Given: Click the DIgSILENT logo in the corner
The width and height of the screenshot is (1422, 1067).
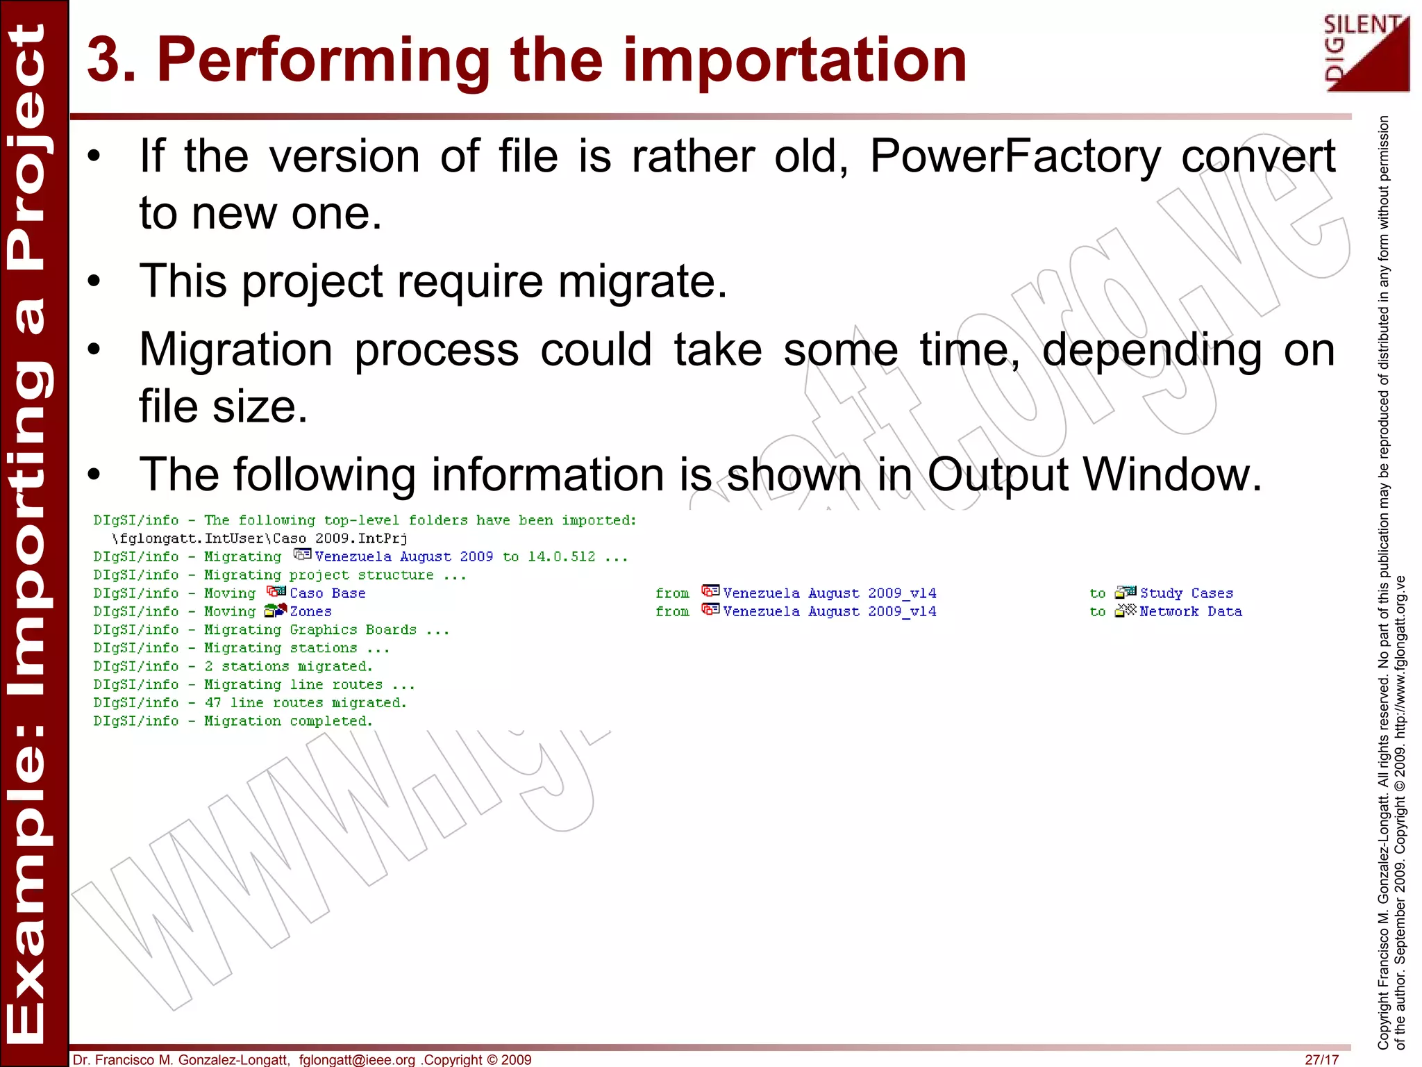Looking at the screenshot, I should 1366,54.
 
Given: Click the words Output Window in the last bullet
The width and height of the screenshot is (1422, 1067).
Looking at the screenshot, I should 1094,475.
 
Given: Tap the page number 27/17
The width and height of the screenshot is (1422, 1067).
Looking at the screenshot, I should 1321,1059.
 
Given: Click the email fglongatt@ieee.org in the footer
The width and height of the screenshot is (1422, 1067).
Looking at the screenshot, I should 357,1059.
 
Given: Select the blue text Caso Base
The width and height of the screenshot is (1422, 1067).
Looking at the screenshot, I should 327,593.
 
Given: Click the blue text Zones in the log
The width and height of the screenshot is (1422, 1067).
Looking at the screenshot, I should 310,611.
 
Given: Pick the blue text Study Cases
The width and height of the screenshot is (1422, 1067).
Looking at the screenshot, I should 1186,593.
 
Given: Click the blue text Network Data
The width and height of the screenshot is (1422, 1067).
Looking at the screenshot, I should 1190,611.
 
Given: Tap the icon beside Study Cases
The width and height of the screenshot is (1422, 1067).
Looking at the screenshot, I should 1125,593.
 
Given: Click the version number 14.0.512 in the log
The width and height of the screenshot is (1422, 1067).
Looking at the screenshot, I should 561,556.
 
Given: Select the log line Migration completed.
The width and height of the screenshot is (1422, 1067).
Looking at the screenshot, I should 287,721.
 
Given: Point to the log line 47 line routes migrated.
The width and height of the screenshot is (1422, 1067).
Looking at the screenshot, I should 305,703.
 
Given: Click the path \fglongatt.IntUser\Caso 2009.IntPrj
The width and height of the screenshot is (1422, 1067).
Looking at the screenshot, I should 260,538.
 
